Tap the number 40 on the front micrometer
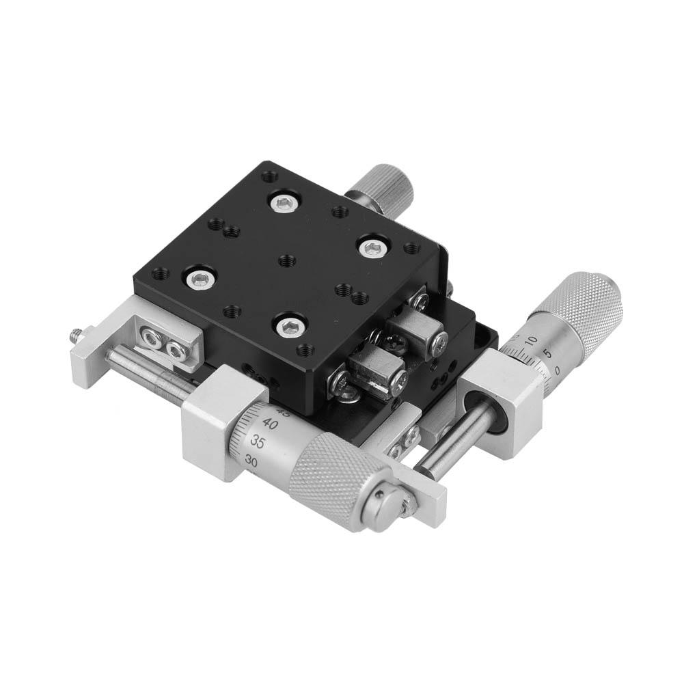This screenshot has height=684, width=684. pos(270,424)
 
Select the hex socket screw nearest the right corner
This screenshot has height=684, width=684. pos(370,247)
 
